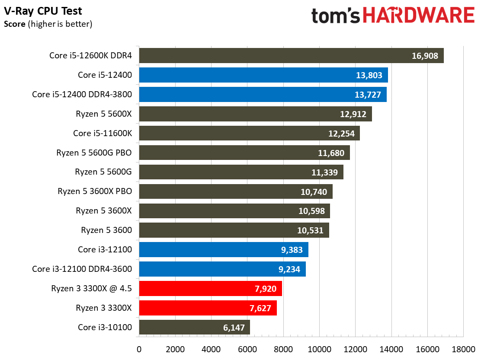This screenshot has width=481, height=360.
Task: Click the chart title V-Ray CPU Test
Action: coord(43,11)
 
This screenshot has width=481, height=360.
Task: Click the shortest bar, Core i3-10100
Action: coord(194,327)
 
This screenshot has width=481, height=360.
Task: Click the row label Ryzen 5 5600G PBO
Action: coord(94,153)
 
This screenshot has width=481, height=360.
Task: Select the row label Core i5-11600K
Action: coord(102,133)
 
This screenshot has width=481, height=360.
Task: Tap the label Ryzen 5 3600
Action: coord(106,230)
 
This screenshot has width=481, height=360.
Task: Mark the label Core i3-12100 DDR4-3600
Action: coord(82,269)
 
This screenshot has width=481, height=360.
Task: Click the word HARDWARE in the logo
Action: coord(419,16)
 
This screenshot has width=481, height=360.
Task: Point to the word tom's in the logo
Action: coord(336,16)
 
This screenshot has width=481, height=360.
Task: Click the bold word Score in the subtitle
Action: coord(15,24)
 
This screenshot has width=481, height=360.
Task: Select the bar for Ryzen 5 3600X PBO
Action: coord(235,191)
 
